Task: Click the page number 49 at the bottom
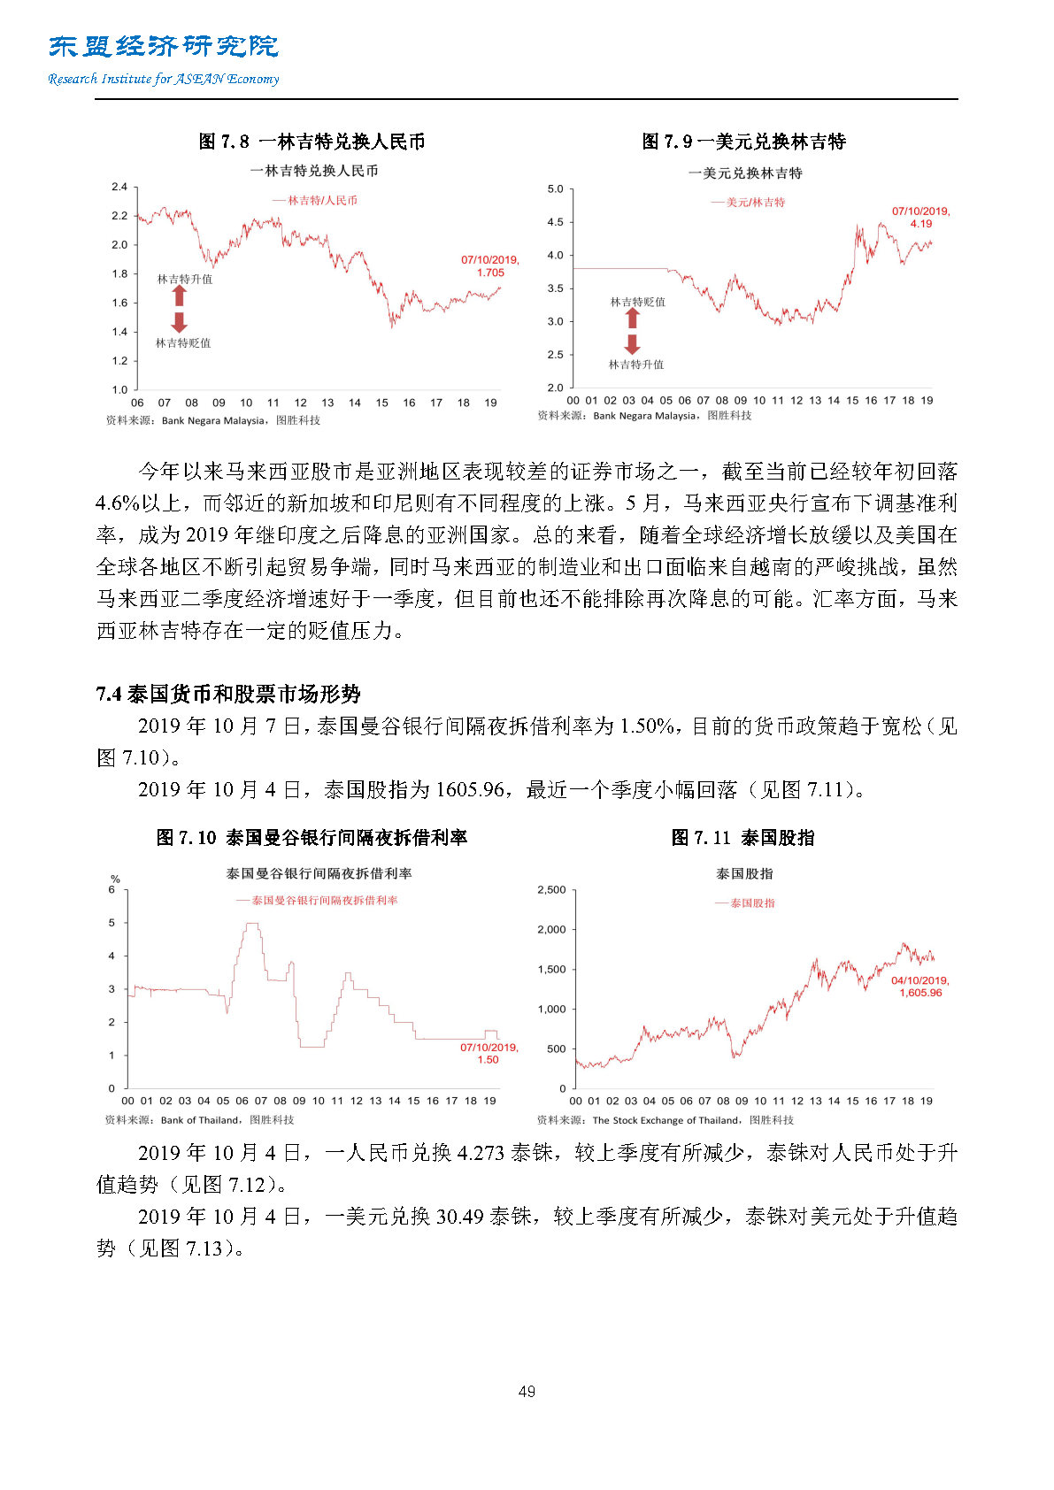tap(527, 1391)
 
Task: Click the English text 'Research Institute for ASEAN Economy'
tap(164, 79)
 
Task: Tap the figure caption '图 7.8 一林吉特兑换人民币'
tap(312, 142)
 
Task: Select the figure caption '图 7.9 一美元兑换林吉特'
tap(743, 142)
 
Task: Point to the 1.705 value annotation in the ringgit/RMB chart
tap(490, 273)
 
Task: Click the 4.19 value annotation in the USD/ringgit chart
tap(921, 224)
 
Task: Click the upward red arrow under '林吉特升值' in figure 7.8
tap(180, 296)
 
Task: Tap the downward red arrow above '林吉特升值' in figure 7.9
tap(633, 344)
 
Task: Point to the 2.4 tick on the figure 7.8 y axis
tap(119, 187)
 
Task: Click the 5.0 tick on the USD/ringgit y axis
tap(555, 189)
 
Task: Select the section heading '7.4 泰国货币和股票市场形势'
tap(228, 694)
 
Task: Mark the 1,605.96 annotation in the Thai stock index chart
tap(920, 993)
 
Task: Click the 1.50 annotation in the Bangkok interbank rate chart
tap(489, 1059)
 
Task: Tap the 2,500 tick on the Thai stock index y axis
tap(551, 890)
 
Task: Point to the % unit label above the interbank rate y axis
tap(115, 879)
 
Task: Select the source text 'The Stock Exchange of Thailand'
tap(665, 1120)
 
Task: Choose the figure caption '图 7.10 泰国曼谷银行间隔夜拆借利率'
tap(312, 838)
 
